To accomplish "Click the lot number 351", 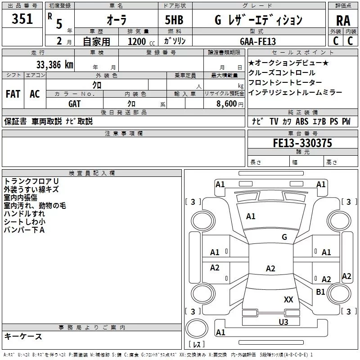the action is [22, 19].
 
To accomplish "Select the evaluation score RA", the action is [343, 21].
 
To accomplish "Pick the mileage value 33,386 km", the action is [54, 64].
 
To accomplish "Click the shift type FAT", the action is [13, 94].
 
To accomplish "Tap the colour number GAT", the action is [74, 103].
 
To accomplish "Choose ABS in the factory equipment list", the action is [302, 121].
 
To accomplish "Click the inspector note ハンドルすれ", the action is [24, 214].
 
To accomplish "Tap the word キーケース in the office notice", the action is [23, 337].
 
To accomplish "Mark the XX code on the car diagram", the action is [288, 299].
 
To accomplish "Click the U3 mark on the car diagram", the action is [283, 322].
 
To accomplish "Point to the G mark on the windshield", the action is [284, 237].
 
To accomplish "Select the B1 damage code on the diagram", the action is [320, 292].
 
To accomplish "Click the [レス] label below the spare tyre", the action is [196, 345].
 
